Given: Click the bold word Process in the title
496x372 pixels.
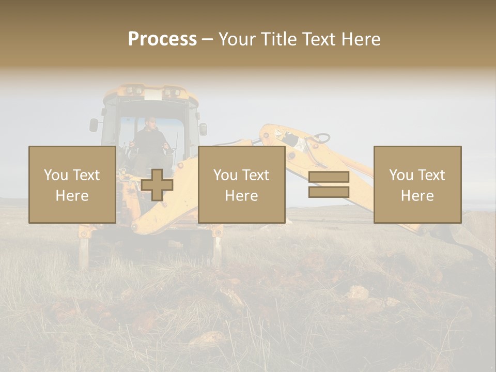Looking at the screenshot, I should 162,39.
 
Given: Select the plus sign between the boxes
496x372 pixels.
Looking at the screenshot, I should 157,185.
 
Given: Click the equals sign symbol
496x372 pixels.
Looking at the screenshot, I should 329,184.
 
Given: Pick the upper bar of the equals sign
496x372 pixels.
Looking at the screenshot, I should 329,177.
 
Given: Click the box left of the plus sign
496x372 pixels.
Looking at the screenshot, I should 72,185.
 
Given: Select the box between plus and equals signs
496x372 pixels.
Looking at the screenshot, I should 241,185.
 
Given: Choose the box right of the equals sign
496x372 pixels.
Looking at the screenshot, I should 417,185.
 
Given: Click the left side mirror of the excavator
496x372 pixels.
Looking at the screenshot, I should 94,125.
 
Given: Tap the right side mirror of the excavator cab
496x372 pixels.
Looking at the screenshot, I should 203,129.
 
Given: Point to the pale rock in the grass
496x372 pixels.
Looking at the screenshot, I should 357,293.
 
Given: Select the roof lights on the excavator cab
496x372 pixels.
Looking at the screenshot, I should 150,92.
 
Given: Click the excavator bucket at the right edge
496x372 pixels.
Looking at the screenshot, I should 473,235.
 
